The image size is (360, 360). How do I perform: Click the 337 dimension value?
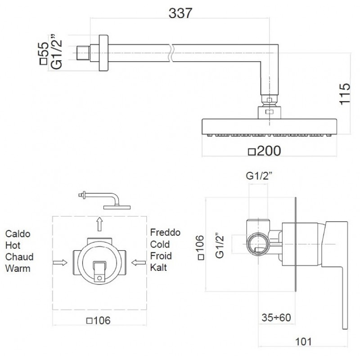point(180,13)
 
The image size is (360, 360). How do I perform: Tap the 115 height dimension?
point(345,94)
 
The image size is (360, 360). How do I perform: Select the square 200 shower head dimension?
point(265,151)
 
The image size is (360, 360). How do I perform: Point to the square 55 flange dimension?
point(44,53)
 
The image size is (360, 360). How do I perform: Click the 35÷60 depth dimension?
point(276,318)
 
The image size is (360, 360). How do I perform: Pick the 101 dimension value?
point(303,342)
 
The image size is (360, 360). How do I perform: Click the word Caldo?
point(18,234)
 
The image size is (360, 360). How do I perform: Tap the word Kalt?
point(158,267)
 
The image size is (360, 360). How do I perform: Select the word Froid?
point(161,256)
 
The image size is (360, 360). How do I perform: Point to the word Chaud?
point(19,256)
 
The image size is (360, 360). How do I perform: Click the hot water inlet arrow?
point(60,263)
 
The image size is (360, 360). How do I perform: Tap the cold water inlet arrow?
point(139,262)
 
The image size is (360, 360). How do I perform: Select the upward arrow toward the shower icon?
point(99,224)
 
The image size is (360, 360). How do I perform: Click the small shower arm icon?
point(104,200)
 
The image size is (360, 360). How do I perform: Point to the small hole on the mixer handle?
point(99,278)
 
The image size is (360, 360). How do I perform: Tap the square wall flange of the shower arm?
point(103,53)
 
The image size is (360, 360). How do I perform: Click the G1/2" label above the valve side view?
point(259,176)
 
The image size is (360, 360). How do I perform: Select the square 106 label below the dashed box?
point(98,320)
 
